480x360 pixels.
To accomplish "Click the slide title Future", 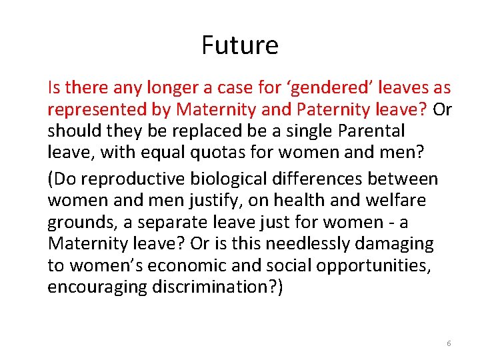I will point(240,45).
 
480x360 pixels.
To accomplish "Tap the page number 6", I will point(449,343).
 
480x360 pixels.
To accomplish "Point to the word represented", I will point(97,109).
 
